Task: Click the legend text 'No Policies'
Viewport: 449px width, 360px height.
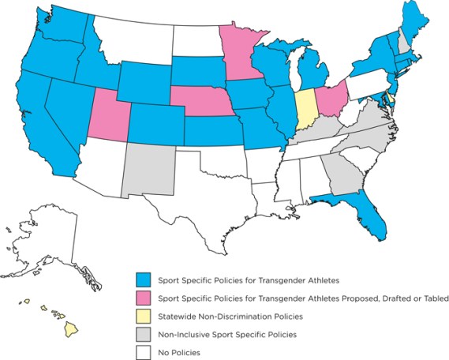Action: point(178,352)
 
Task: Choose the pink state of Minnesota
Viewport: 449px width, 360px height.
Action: point(238,51)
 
